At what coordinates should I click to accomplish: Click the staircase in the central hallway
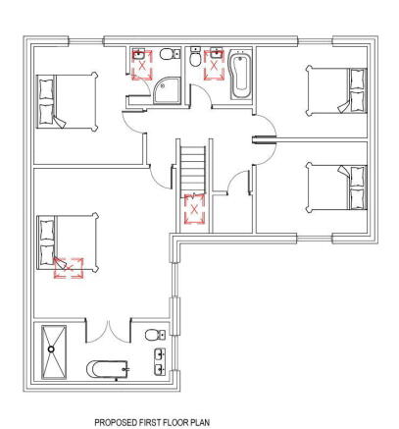coord(193,168)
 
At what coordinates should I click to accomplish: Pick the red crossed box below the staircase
coord(194,209)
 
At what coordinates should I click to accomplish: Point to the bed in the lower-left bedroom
coord(65,241)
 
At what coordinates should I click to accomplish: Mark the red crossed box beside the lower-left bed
coord(68,266)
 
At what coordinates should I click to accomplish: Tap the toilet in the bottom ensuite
coord(154,336)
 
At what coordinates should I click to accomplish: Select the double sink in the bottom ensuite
coord(160,360)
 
